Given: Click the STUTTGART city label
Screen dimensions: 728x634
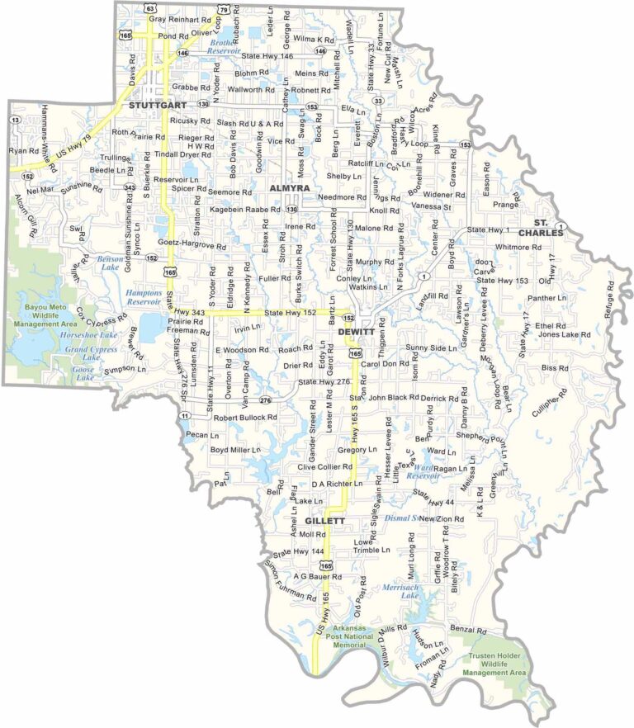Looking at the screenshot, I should click(x=154, y=106).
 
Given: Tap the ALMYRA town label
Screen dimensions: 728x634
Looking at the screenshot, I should click(x=289, y=189).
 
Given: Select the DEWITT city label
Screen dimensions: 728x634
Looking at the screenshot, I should click(x=357, y=331).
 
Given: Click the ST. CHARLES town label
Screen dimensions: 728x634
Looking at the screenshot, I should click(x=548, y=228).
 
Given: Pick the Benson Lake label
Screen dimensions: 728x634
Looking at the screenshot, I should click(x=111, y=262).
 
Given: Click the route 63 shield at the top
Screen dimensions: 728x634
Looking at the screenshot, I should click(x=149, y=7).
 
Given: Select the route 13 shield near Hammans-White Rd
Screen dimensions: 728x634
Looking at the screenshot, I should click(x=16, y=120).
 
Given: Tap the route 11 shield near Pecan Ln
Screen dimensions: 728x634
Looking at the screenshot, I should click(x=185, y=416).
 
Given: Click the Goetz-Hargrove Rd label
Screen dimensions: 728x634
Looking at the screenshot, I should click(x=192, y=246).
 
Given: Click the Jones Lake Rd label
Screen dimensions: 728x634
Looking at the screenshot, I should click(x=565, y=335).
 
